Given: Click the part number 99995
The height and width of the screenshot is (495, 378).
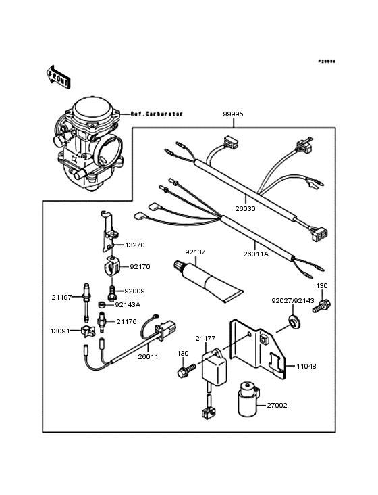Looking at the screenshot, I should (x=233, y=114).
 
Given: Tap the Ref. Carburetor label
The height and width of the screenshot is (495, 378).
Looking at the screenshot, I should (x=157, y=114).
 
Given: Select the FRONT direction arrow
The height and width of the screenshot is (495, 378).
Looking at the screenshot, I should (x=59, y=76).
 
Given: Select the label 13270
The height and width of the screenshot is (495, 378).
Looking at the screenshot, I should (x=133, y=245).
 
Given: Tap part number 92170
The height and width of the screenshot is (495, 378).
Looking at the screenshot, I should (x=140, y=266).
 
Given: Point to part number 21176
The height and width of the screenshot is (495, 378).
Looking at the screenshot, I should (x=126, y=321).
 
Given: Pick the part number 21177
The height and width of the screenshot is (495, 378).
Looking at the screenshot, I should (x=206, y=337).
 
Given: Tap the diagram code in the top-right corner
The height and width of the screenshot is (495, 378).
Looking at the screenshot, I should (x=327, y=62).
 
